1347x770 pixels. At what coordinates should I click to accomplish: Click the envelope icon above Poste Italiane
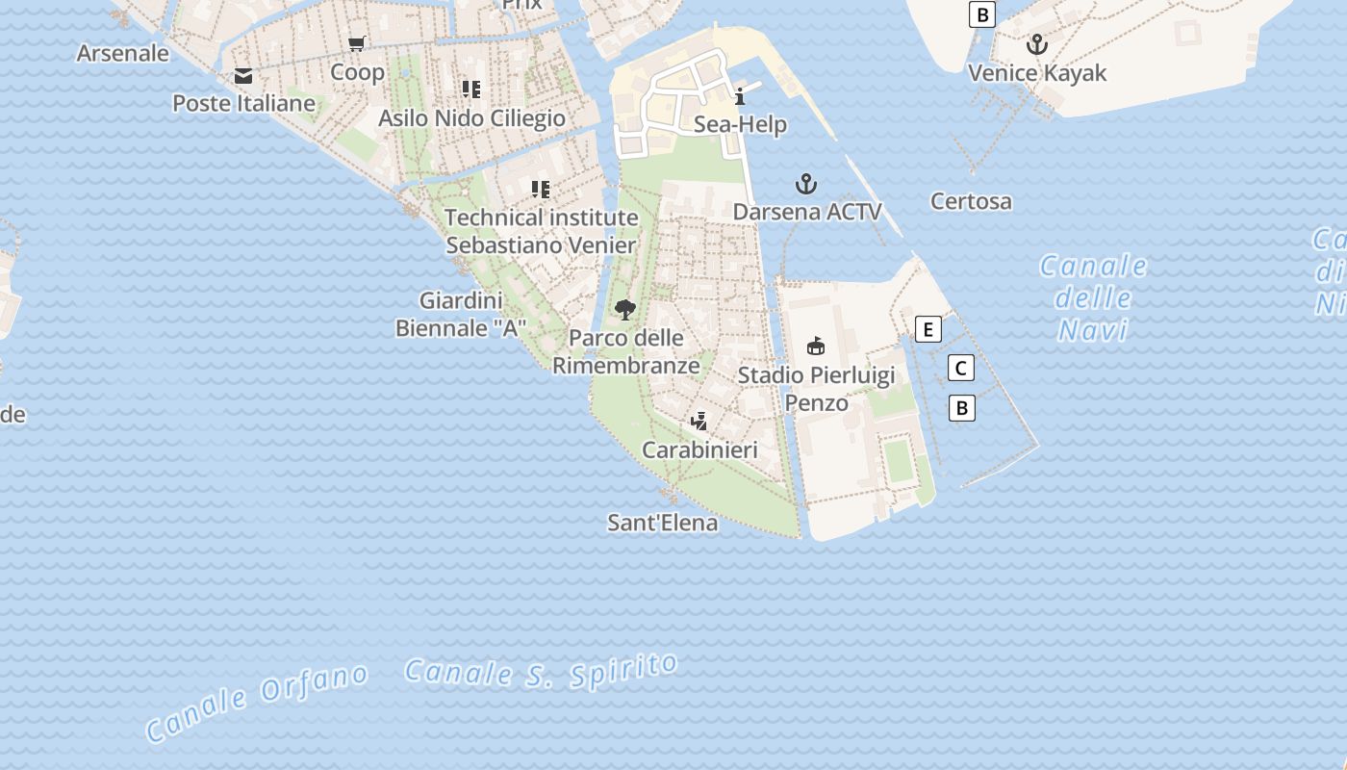tap(243, 76)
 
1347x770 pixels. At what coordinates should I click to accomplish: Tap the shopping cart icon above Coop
tap(357, 43)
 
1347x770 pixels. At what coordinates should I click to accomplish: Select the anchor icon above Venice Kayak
tap(1036, 44)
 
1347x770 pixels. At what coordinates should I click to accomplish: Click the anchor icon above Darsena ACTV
tap(806, 184)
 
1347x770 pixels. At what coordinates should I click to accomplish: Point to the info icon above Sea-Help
tap(740, 96)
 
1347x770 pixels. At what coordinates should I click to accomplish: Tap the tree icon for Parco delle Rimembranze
tap(625, 310)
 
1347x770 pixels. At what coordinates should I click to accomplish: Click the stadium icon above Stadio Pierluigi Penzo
tap(816, 346)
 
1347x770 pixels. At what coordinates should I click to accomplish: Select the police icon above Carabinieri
tap(699, 422)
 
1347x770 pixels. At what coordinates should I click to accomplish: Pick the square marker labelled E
tap(928, 330)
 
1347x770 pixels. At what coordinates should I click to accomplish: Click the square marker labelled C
tap(960, 368)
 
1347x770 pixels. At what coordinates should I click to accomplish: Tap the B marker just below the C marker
tap(961, 408)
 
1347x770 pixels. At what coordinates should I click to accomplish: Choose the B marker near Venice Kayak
tap(981, 14)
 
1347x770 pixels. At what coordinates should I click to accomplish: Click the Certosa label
tap(971, 201)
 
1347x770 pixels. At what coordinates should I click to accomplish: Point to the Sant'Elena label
tap(663, 523)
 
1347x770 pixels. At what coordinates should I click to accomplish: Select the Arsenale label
tap(123, 53)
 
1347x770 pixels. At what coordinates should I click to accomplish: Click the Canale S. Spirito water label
tap(542, 671)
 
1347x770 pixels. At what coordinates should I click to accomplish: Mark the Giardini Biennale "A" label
tap(462, 314)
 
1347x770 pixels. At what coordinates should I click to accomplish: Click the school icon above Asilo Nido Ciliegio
tap(471, 90)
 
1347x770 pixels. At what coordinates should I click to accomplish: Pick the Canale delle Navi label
tap(1093, 297)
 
